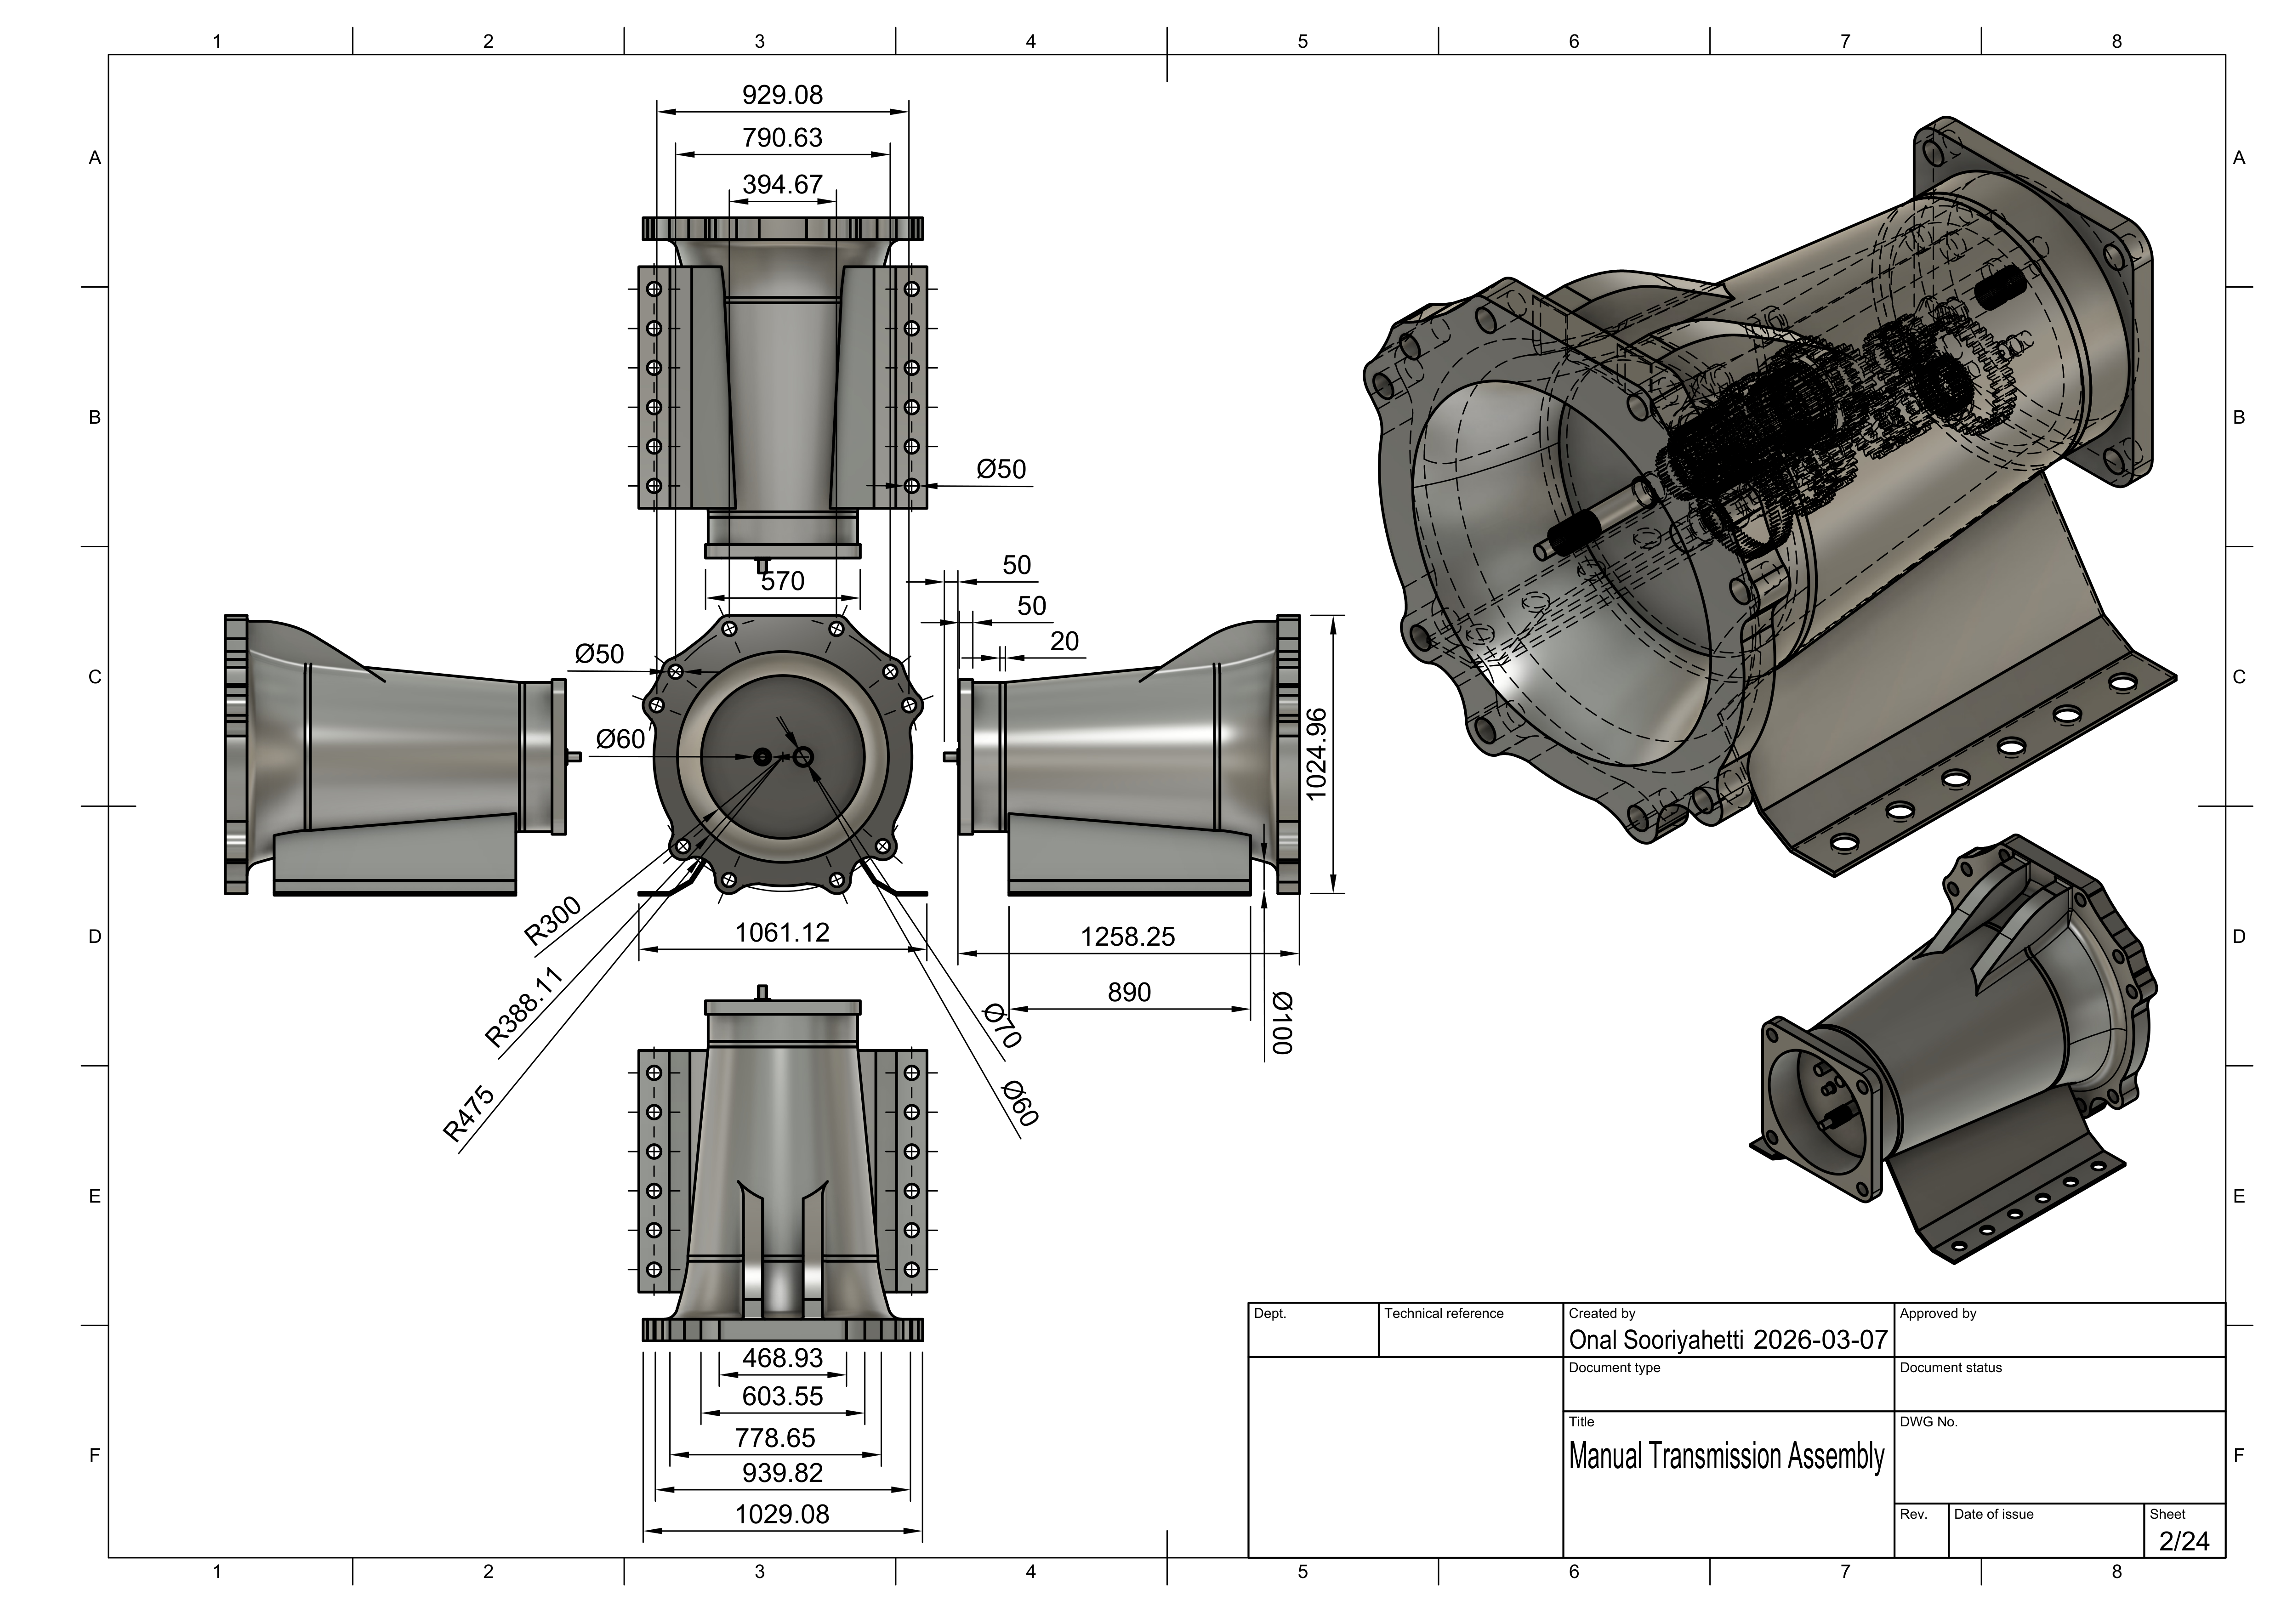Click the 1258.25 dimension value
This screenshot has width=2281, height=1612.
[x=1127, y=937]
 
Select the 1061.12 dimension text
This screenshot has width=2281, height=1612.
[x=782, y=933]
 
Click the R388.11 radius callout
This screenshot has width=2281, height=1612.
[x=523, y=1007]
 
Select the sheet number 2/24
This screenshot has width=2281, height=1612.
[x=2184, y=1540]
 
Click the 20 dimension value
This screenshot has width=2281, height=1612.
[x=1064, y=641]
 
